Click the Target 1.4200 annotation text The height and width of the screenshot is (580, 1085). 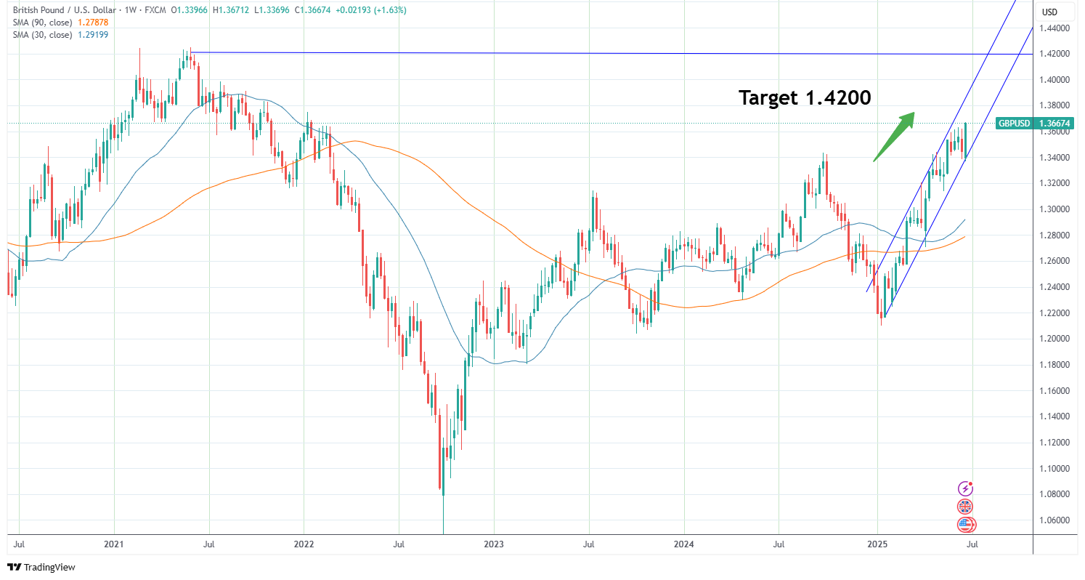tap(805, 97)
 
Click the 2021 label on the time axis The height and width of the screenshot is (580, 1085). tap(114, 544)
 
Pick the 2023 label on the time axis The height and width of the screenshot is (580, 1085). tap(494, 544)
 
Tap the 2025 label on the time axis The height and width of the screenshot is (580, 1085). tap(877, 544)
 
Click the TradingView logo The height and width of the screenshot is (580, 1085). tap(41, 567)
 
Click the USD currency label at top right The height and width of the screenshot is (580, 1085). tap(1049, 12)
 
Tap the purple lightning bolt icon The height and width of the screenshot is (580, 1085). tap(965, 488)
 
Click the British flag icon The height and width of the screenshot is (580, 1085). tap(965, 507)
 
